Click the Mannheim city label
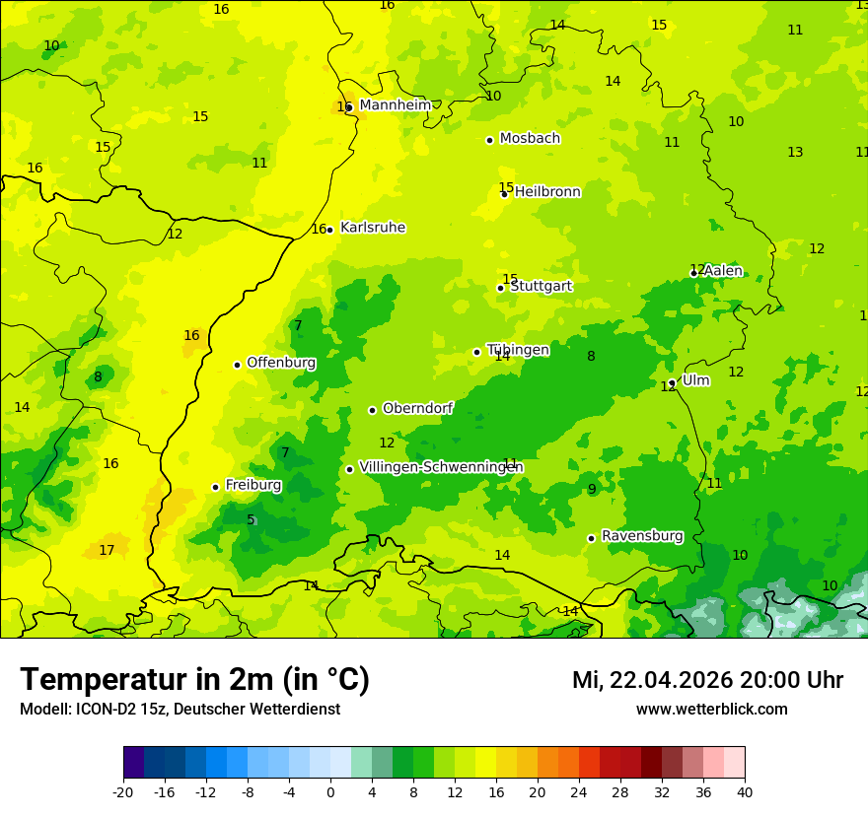tap(395, 105)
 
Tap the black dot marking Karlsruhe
tap(329, 230)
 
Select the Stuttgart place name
tap(541, 286)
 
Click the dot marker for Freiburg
tap(215, 487)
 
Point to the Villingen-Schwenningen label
tap(441, 467)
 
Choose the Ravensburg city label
tap(642, 536)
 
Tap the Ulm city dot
tap(672, 382)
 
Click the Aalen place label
tap(722, 271)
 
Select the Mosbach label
tap(530, 139)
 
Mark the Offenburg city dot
tap(237, 365)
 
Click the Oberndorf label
tap(417, 408)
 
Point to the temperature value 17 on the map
tap(107, 550)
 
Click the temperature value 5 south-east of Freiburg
tap(251, 520)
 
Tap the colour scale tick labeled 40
tap(744, 791)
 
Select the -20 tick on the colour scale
tap(123, 791)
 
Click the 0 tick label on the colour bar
tap(330, 791)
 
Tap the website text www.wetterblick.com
tap(711, 710)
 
